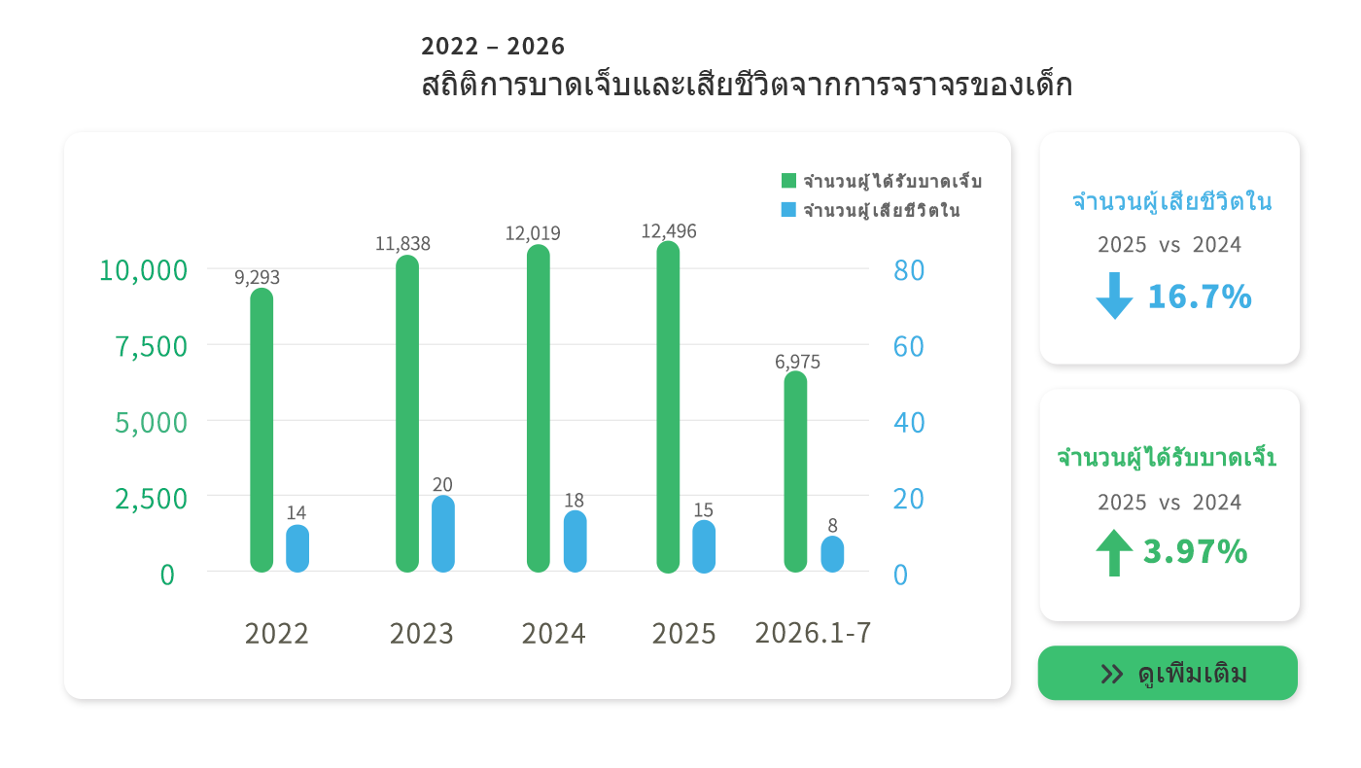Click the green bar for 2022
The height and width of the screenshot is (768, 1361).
(x=262, y=430)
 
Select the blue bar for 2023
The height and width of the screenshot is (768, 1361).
(x=443, y=534)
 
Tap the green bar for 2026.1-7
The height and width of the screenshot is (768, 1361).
(x=795, y=471)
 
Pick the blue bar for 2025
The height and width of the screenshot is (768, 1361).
(x=704, y=546)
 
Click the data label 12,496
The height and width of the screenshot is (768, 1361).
(x=669, y=231)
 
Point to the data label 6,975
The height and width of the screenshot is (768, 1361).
(x=797, y=362)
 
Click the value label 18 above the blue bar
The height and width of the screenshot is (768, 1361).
(x=575, y=500)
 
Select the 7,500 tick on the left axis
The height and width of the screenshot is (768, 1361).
(x=152, y=347)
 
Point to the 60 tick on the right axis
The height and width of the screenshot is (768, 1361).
(x=909, y=346)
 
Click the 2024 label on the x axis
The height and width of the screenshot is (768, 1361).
(x=553, y=634)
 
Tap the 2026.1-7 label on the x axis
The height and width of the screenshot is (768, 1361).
(x=813, y=633)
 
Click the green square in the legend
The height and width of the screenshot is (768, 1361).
(x=788, y=181)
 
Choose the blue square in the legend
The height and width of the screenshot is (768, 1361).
(x=788, y=210)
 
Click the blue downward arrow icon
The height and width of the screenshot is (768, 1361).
(x=1114, y=296)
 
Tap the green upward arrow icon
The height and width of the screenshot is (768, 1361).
(x=1114, y=553)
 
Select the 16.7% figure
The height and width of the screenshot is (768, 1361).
(x=1200, y=297)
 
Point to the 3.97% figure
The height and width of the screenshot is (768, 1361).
(x=1195, y=552)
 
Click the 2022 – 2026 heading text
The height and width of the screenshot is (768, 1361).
(x=493, y=47)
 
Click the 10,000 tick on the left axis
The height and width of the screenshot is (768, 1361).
(x=144, y=270)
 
